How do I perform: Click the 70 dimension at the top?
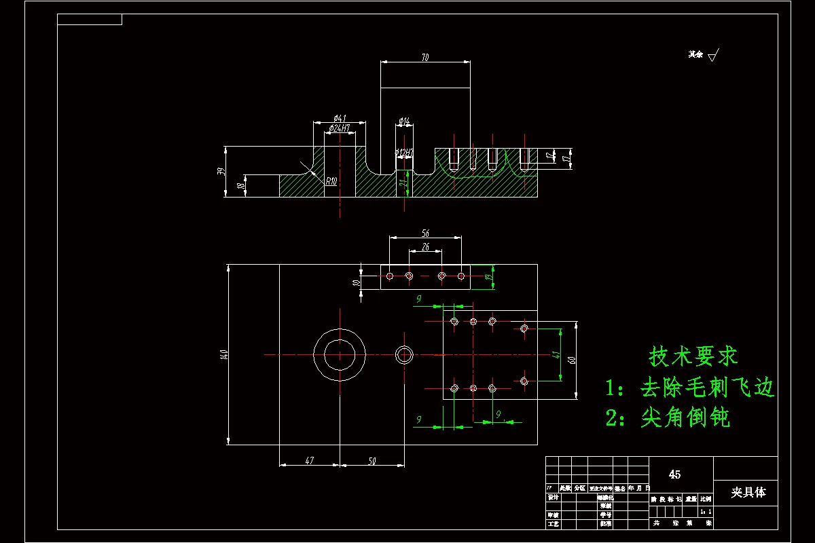click(x=425, y=58)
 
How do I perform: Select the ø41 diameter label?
click(x=340, y=118)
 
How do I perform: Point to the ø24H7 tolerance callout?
click(x=339, y=128)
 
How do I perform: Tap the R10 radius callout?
click(x=331, y=181)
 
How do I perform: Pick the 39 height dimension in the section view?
click(x=221, y=171)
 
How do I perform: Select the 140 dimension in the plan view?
click(x=223, y=354)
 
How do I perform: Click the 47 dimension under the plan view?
click(x=309, y=461)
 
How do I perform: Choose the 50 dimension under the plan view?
click(x=372, y=461)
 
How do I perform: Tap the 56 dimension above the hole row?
click(x=425, y=233)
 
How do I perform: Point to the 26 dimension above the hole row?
click(x=425, y=246)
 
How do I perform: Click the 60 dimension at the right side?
click(x=572, y=359)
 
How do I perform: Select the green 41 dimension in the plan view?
click(x=555, y=354)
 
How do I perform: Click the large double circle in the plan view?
click(x=340, y=354)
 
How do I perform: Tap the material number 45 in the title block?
click(x=674, y=474)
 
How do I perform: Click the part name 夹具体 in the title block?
click(x=748, y=492)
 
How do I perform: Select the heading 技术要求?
click(x=693, y=355)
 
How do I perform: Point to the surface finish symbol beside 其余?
click(x=712, y=56)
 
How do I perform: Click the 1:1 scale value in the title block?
click(x=706, y=511)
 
